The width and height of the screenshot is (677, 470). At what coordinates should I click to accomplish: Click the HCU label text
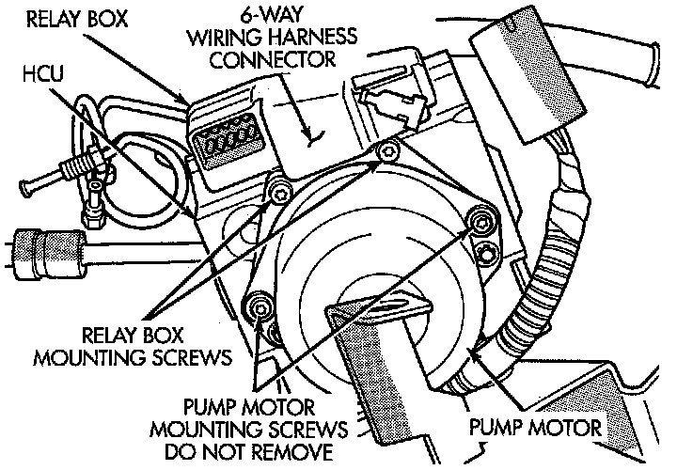click(x=42, y=73)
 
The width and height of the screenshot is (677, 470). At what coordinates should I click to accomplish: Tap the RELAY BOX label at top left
click(x=77, y=19)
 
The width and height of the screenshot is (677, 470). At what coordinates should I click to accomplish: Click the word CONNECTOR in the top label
click(x=273, y=59)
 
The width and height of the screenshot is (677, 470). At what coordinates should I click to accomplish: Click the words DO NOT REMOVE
click(x=249, y=451)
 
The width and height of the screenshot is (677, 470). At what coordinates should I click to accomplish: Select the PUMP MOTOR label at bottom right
click(x=535, y=428)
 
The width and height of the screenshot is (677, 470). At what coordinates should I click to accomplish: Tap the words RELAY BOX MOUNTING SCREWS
click(x=133, y=347)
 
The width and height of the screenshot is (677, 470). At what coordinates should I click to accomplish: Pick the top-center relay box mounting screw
click(x=386, y=151)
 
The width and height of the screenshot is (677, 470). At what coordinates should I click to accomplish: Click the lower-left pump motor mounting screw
click(x=258, y=307)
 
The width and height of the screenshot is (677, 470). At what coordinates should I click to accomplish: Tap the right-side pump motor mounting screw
click(x=482, y=221)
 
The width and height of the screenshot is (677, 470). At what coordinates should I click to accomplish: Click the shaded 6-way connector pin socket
click(x=227, y=143)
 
